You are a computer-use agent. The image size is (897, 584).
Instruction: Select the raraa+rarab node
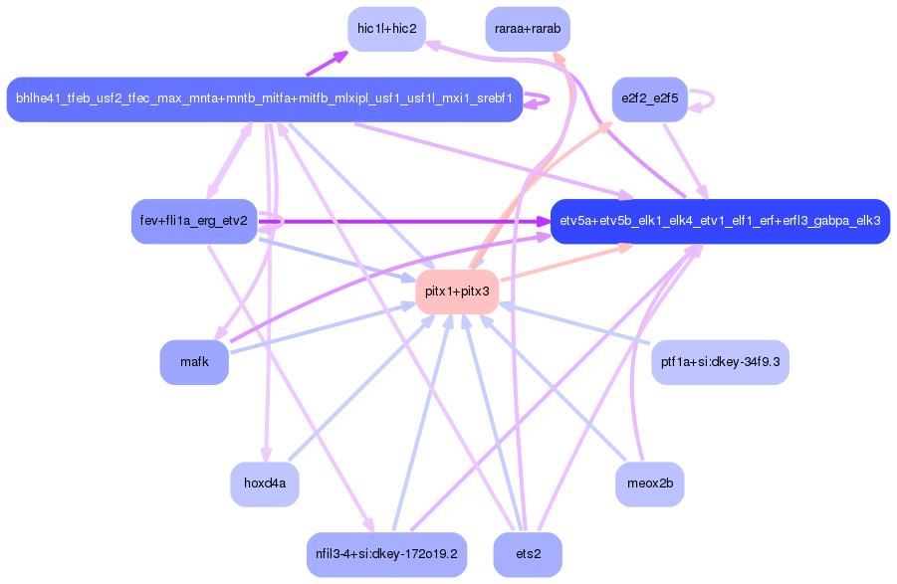[x=527, y=29]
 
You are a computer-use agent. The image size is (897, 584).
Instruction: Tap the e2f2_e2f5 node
[x=649, y=99]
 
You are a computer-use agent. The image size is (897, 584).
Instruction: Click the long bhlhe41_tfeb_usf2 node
[x=264, y=99]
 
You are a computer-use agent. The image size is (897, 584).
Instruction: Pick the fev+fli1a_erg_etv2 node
[x=195, y=220]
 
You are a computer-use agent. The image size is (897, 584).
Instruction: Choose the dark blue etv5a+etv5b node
[x=720, y=220]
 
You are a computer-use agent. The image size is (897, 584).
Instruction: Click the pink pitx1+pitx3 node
[x=457, y=292]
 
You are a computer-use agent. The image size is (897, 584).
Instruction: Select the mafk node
[x=194, y=362]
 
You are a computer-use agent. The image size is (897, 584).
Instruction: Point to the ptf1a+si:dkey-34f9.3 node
[x=720, y=362]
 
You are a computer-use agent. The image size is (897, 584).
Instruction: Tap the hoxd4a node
[x=265, y=485]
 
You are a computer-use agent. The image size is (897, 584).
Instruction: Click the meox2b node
[x=650, y=485]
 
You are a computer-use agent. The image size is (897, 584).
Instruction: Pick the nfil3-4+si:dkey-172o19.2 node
[x=386, y=554]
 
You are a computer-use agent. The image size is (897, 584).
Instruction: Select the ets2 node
[x=528, y=554]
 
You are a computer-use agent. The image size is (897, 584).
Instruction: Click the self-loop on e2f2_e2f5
[x=711, y=99]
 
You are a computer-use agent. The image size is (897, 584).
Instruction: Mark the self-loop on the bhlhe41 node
[x=548, y=99]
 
